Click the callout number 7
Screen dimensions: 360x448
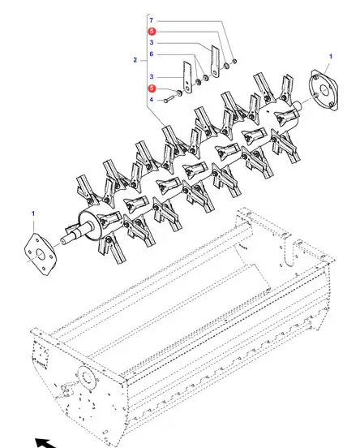pyautogui.click(x=152, y=20)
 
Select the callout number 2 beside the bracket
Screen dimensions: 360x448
pyautogui.click(x=135, y=60)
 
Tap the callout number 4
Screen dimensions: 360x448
pyautogui.click(x=152, y=100)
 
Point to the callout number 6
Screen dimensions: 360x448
pyautogui.click(x=152, y=54)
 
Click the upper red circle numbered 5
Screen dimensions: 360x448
pyautogui.click(x=152, y=31)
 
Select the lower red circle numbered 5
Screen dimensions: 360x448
pyautogui.click(x=152, y=88)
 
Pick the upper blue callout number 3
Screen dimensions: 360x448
pyautogui.click(x=152, y=42)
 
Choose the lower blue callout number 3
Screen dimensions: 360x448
pyautogui.click(x=152, y=76)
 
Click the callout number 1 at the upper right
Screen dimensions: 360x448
pyautogui.click(x=331, y=56)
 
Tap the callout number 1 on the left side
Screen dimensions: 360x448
pyautogui.click(x=33, y=213)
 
